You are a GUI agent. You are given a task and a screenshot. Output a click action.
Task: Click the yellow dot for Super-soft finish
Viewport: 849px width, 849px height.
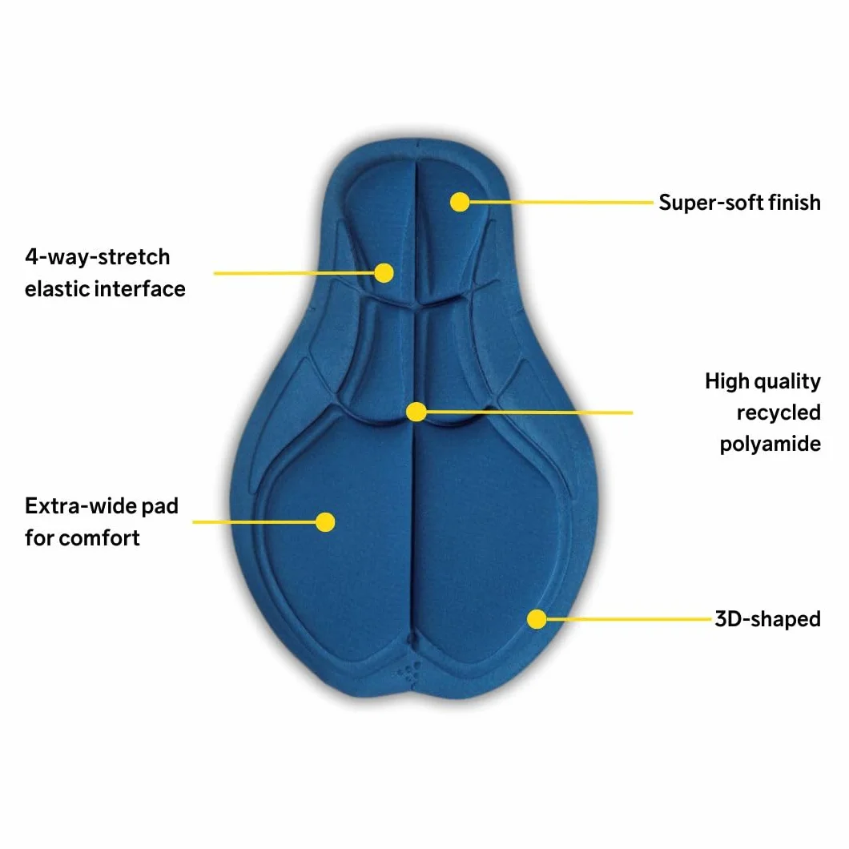click(460, 202)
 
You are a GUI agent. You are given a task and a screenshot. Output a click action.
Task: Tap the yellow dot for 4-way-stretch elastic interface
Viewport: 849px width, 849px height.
click(384, 273)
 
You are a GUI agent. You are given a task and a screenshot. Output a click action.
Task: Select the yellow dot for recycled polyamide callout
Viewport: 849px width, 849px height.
click(416, 412)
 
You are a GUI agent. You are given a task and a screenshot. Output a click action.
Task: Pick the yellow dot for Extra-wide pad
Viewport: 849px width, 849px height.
click(325, 522)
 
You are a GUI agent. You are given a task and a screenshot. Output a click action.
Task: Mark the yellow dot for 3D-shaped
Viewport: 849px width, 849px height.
click(537, 619)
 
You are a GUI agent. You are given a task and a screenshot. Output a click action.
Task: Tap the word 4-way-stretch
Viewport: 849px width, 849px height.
click(98, 257)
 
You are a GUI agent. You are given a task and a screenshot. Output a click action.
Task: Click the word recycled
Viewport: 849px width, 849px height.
click(779, 412)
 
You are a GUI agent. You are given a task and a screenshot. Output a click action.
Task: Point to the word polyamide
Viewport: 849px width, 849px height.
click(770, 444)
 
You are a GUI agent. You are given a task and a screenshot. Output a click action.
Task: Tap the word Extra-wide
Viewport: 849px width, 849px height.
click(80, 505)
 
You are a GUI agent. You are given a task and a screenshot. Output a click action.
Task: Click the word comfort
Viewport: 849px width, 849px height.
click(99, 537)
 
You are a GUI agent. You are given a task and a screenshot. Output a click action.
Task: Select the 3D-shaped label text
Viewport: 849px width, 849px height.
click(768, 619)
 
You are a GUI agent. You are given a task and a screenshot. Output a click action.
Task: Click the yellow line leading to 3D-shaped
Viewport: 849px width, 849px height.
click(629, 619)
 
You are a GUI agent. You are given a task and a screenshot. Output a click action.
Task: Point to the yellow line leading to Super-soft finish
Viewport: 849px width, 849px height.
click(561, 202)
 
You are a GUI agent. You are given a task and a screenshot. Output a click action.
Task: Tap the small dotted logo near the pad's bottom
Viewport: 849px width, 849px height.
click(409, 672)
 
